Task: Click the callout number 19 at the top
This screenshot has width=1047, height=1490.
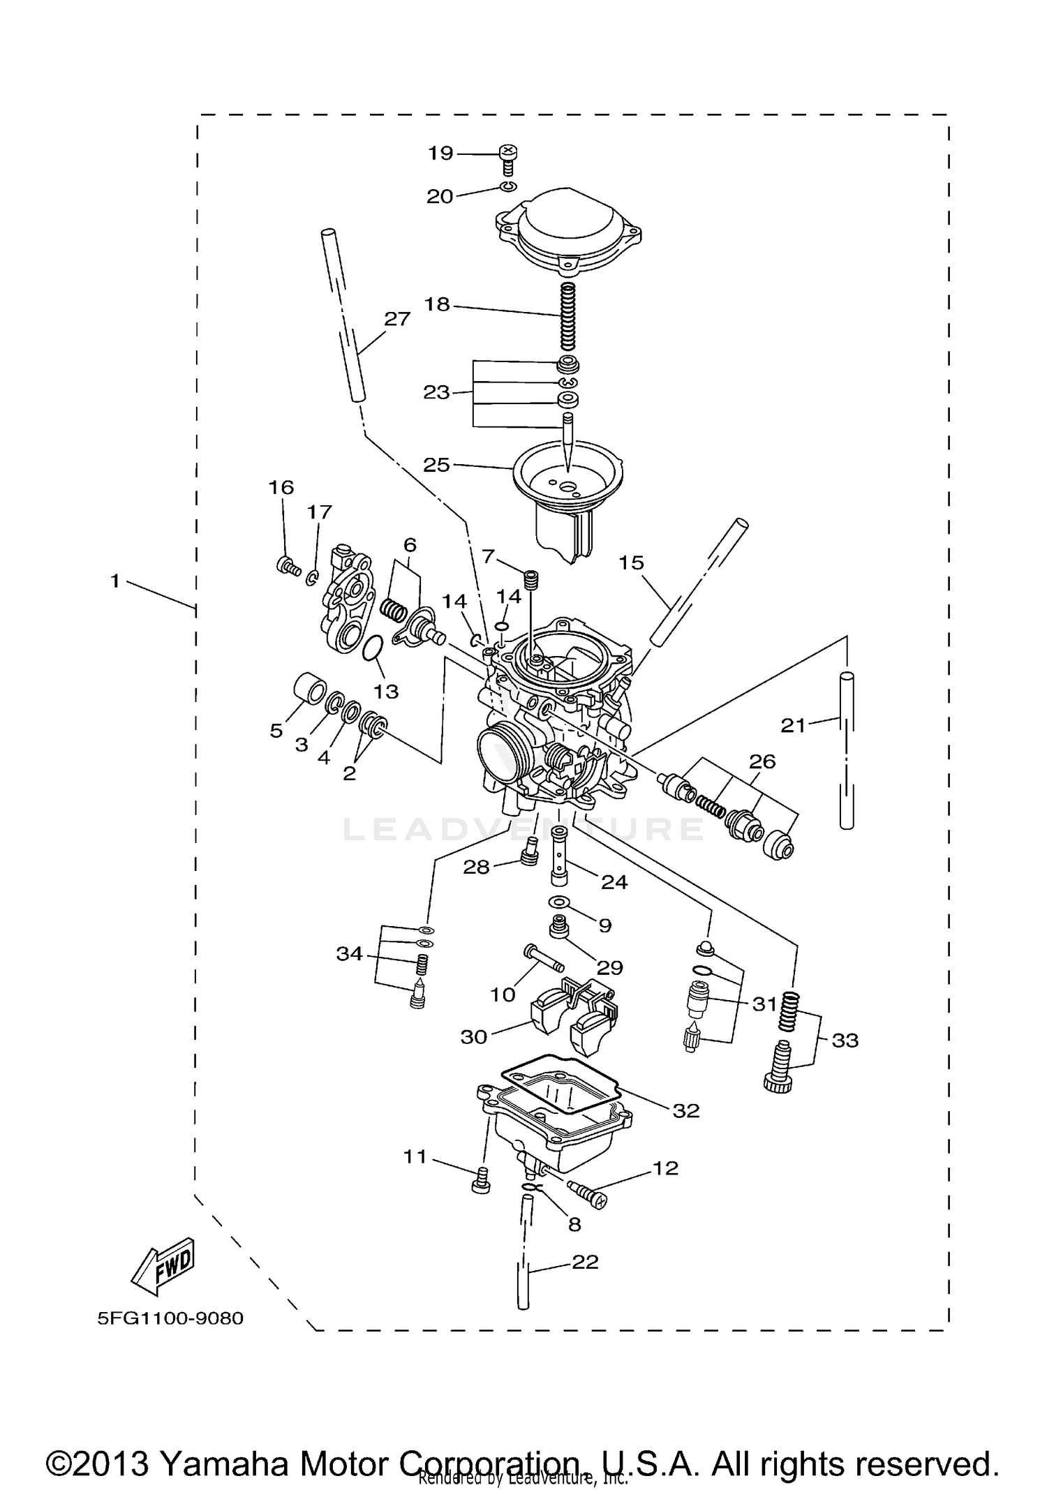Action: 440,153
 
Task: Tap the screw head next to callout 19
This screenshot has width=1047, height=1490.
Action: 509,151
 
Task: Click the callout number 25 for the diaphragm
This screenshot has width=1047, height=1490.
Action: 437,465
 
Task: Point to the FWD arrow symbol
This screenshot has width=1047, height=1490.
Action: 163,1262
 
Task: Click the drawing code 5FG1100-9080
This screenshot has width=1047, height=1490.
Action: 170,1318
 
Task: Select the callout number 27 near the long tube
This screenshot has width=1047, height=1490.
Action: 397,319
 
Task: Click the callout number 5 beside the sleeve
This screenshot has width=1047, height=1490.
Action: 276,731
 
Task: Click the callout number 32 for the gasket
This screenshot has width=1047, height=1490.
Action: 685,1110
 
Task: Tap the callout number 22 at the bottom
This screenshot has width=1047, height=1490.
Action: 585,1262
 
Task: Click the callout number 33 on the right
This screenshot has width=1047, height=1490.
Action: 845,1041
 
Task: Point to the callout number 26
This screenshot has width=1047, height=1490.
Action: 762,761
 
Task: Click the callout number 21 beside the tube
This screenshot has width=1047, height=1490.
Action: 793,726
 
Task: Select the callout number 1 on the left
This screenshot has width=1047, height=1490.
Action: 115,581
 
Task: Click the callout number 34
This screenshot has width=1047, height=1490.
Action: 350,953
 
